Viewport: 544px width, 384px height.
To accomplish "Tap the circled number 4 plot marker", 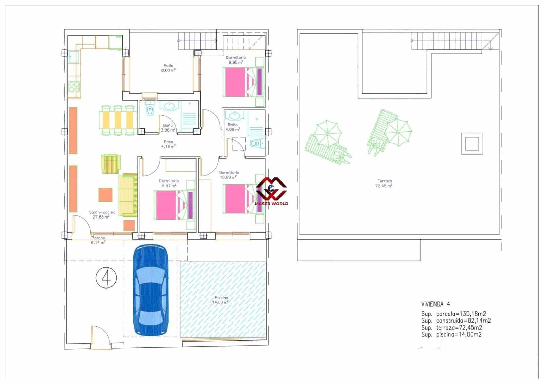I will tap(106, 278).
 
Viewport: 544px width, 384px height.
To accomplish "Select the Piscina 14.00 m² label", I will tap(221, 300).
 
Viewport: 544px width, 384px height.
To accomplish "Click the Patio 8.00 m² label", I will tap(168, 68).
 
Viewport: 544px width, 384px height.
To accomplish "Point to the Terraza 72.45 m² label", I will tap(384, 184).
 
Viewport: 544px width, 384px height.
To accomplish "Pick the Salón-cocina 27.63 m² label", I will tap(102, 214).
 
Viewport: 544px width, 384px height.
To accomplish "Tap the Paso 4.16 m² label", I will tap(168, 144).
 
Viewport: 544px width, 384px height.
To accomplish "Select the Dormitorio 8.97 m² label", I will tap(169, 184).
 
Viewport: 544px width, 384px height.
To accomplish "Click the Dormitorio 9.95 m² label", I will tap(236, 60).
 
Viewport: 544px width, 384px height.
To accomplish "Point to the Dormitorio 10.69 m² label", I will tap(229, 175).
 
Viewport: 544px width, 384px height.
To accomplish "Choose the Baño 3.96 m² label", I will tap(168, 127).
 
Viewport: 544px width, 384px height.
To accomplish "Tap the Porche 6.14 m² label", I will tap(98, 240).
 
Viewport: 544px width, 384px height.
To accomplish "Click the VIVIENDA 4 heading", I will tap(436, 304).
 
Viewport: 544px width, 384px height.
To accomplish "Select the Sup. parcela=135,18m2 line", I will tap(454, 314).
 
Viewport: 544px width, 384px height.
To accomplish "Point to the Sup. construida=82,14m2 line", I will tap(456, 320).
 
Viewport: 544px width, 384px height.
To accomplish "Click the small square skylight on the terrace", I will tap(472, 143).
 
